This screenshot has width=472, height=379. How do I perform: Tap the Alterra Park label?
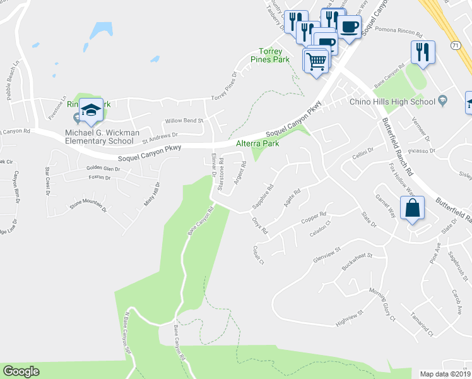point(257,143)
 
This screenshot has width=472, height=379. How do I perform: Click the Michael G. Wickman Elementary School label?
point(99,136)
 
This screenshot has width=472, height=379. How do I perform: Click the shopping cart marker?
point(317,61)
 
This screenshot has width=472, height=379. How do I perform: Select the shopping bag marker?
point(411,208)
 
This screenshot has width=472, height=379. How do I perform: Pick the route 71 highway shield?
point(455,45)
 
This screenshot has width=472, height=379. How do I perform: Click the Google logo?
point(21,371)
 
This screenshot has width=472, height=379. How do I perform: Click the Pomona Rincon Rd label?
point(403,29)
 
